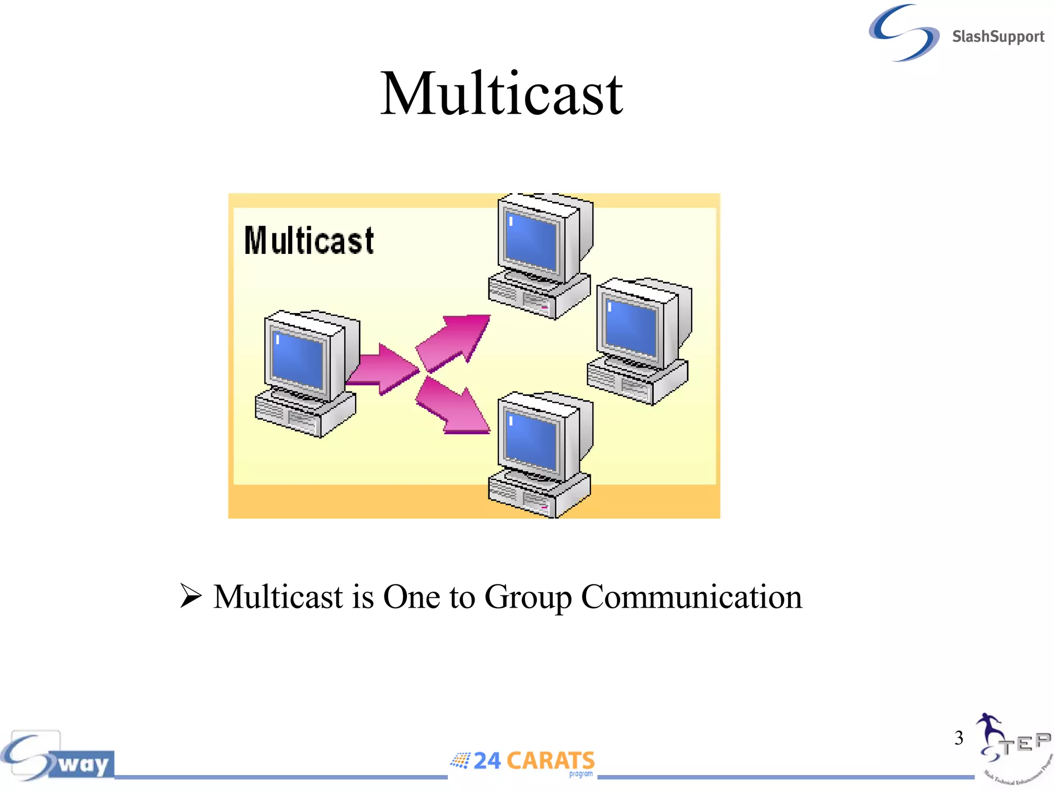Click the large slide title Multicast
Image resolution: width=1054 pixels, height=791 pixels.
coord(502,94)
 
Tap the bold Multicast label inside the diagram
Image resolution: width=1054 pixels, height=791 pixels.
coord(309,240)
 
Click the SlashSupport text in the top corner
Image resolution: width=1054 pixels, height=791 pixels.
coord(997,37)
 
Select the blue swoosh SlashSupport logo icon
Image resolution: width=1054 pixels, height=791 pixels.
coord(904,32)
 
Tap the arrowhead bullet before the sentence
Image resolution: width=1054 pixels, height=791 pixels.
coord(190,596)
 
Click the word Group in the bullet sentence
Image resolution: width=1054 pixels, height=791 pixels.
coord(528,597)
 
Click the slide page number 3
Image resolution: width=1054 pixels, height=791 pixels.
coord(959,738)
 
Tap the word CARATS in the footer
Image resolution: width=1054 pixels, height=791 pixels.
coord(550,761)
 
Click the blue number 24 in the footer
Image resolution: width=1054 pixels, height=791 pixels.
coord(487,761)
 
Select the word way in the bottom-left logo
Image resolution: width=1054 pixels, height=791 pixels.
coord(83,763)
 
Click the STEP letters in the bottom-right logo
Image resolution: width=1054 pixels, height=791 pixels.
coord(1024,743)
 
